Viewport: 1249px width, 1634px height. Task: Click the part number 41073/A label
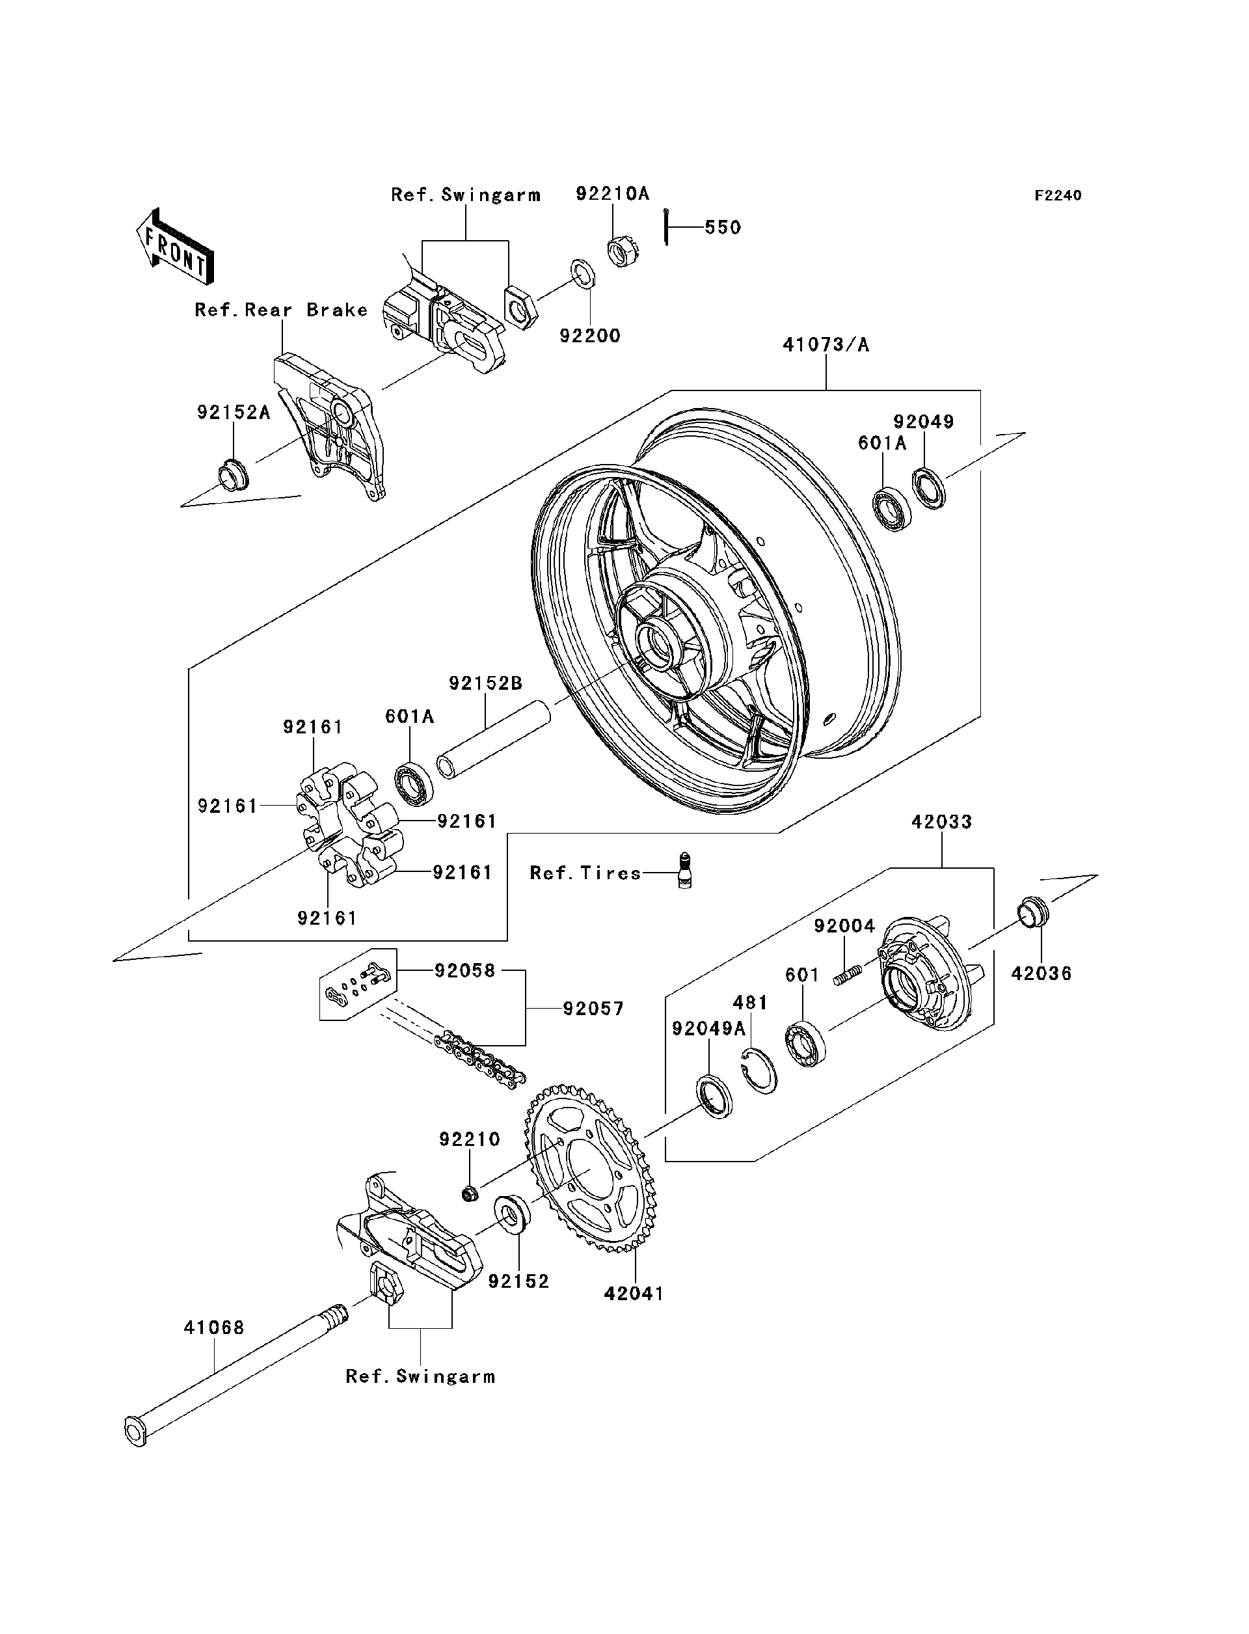pos(826,345)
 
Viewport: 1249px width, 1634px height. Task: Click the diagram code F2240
pos(1058,196)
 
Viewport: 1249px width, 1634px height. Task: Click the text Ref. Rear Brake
pos(281,310)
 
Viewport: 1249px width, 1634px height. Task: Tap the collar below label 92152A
pos(232,477)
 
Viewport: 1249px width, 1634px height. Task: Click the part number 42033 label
pos(941,822)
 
